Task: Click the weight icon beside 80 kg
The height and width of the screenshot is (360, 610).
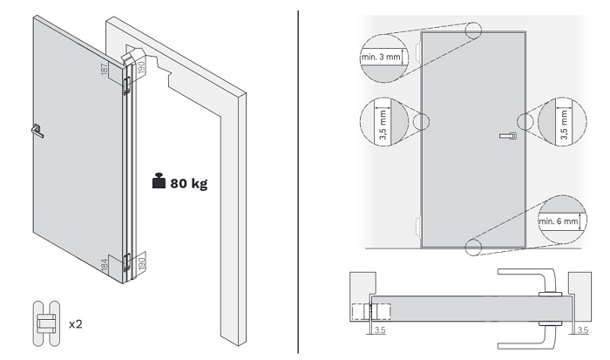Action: [158, 183]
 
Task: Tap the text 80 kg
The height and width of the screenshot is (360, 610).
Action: [188, 184]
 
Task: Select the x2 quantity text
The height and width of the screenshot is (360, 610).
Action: [77, 324]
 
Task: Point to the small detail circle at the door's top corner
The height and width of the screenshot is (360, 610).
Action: [474, 32]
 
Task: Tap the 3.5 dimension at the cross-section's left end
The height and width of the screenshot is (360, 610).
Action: [378, 330]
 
